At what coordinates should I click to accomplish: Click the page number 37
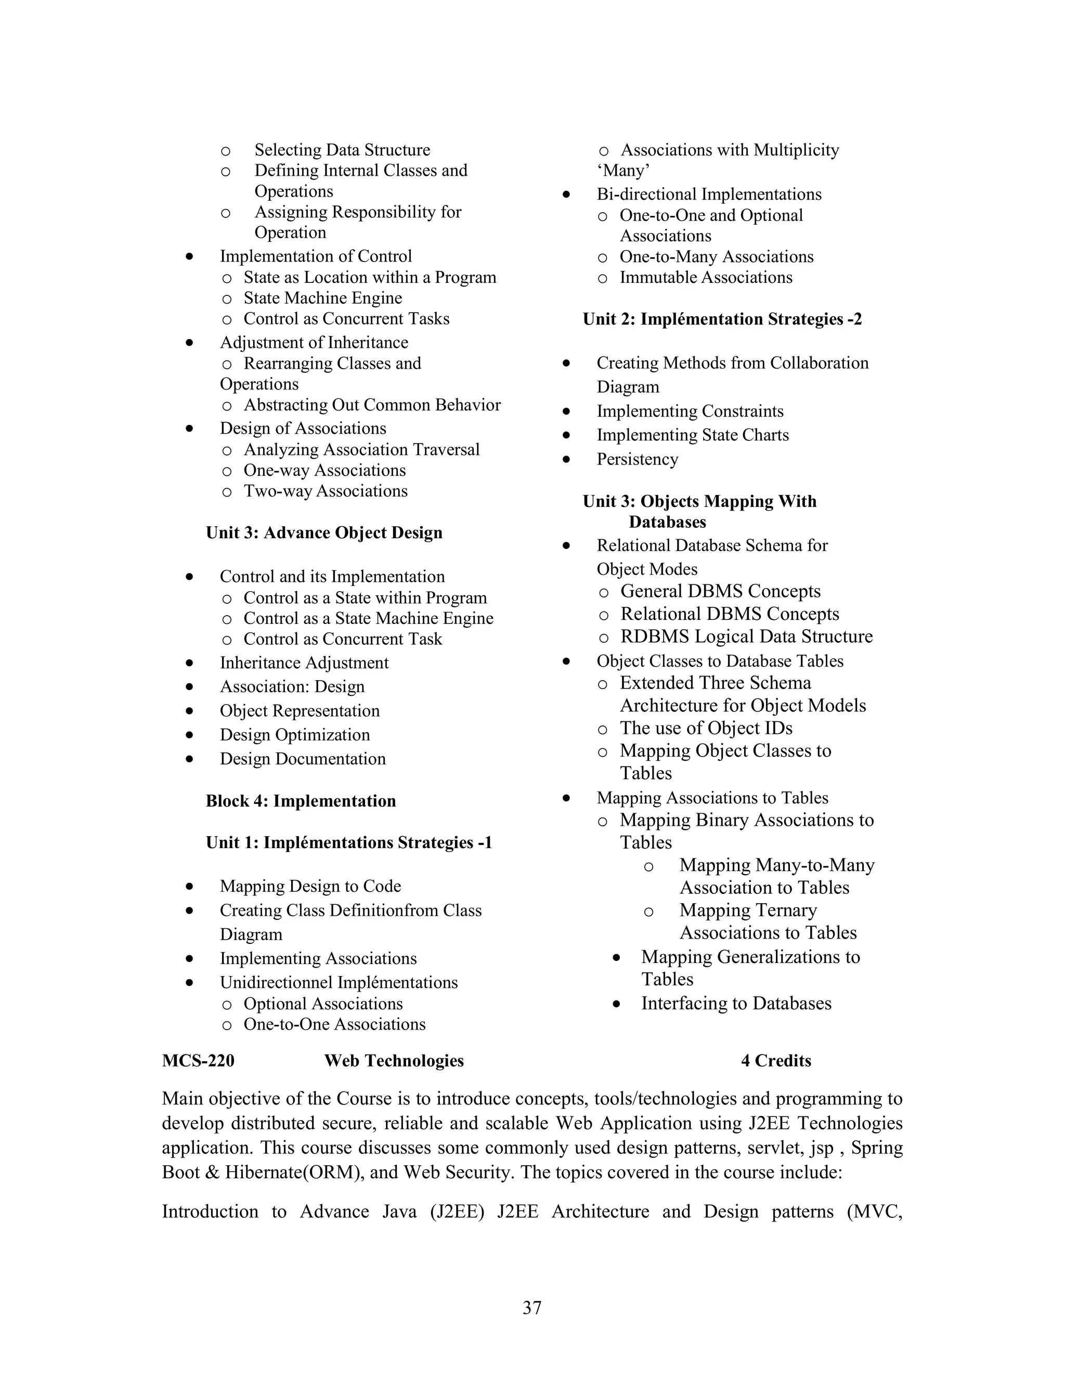point(532,1308)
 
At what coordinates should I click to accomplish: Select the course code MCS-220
point(198,1061)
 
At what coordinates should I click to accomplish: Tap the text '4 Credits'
point(775,1061)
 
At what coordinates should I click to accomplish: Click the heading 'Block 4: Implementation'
point(301,801)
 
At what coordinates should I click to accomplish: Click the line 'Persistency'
point(637,459)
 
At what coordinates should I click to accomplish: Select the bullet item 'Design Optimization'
point(295,735)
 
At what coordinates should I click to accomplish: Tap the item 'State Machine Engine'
point(322,298)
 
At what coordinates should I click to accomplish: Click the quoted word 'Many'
point(624,171)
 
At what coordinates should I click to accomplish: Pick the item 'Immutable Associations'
point(705,278)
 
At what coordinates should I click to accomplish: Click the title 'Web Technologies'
point(394,1061)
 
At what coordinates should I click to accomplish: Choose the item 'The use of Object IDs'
point(705,728)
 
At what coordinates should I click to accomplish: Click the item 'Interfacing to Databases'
point(736,1003)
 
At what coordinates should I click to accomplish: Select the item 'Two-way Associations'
point(326,491)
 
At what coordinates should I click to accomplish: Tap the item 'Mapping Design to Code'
point(310,887)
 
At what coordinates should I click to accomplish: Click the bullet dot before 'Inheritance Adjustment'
point(189,663)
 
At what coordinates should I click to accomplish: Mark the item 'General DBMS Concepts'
point(720,591)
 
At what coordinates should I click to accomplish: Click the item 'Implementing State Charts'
point(692,435)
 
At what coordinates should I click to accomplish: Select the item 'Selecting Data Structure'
point(342,150)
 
